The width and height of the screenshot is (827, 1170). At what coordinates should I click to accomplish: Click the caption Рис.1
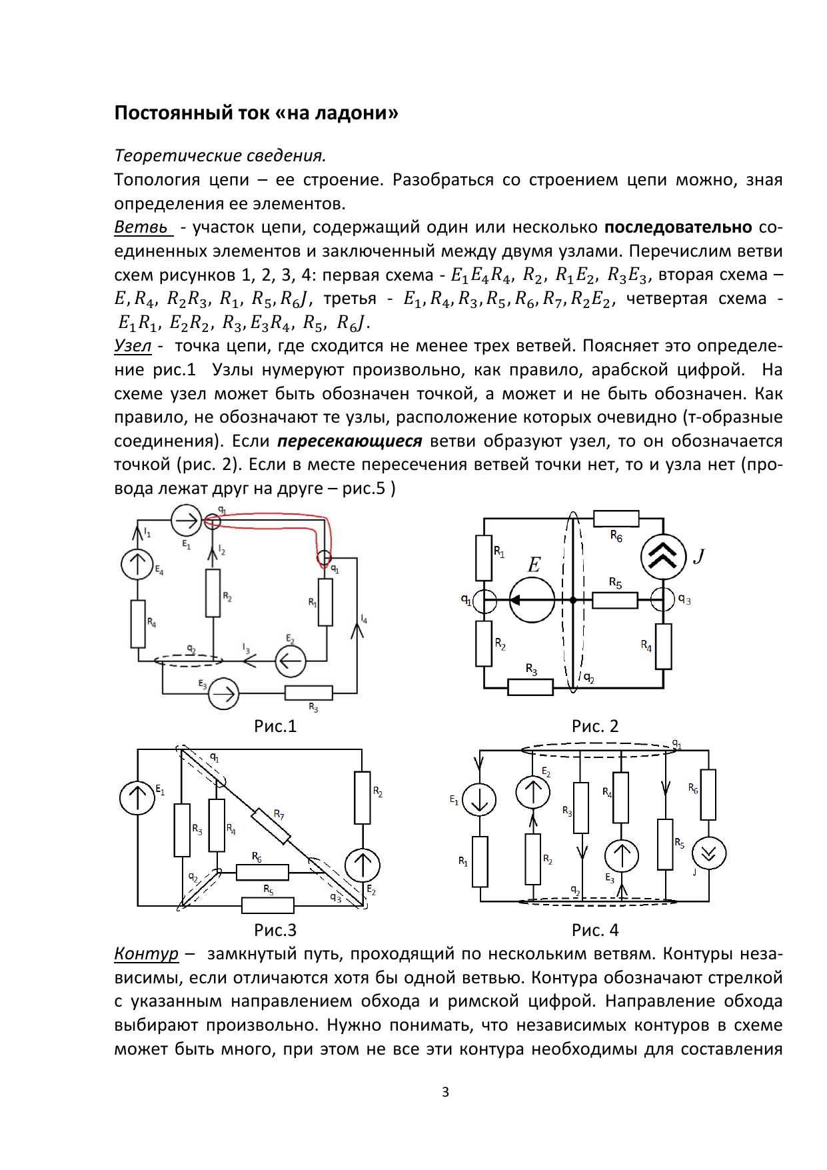[x=275, y=726]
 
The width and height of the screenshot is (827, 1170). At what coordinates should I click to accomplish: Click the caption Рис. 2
[x=595, y=726]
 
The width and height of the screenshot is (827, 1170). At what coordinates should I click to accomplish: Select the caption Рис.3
[x=275, y=929]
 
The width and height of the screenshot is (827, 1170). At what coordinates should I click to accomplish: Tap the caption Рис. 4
[x=595, y=929]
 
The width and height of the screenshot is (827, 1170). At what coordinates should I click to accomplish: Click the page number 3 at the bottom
[x=446, y=1092]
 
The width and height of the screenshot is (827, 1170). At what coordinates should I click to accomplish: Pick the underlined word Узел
[x=133, y=346]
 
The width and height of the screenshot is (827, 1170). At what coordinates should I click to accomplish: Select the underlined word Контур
[x=147, y=953]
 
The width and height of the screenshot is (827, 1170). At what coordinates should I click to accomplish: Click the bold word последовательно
[x=678, y=227]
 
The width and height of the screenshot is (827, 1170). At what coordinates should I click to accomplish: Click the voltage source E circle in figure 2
[x=532, y=600]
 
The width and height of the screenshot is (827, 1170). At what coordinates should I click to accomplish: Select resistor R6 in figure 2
[x=616, y=519]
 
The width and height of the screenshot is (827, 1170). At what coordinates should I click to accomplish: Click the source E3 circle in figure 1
[x=224, y=694]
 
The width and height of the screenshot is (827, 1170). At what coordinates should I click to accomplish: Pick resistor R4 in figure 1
[x=138, y=624]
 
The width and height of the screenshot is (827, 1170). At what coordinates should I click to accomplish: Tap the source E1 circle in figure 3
[x=137, y=799]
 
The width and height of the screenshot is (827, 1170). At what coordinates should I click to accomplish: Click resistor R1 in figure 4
[x=480, y=861]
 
